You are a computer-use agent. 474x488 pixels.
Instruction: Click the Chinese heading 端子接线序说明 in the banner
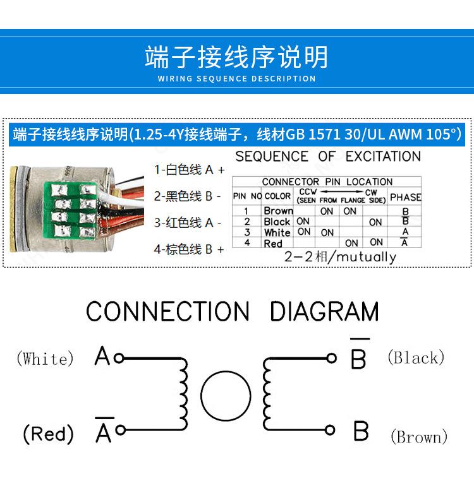coord(236,57)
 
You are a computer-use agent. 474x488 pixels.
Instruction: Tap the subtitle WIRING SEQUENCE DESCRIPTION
coord(236,79)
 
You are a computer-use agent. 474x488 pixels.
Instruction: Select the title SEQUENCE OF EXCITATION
coord(327,157)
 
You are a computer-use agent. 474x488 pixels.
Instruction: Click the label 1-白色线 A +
coord(189,169)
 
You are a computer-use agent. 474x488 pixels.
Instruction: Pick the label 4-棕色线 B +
coord(189,249)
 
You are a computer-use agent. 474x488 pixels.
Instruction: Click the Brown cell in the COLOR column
coord(278,211)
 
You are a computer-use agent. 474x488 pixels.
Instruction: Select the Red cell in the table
coord(273,243)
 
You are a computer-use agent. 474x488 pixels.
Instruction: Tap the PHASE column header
coord(405,197)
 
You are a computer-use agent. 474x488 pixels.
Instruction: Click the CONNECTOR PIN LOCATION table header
coord(327,182)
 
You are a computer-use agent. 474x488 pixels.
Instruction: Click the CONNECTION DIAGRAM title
coord(232,312)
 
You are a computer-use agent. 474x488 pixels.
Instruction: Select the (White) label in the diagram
coord(45,359)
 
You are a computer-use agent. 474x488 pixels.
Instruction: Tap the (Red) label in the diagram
coord(48,434)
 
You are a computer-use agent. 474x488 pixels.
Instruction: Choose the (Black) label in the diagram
coord(415,357)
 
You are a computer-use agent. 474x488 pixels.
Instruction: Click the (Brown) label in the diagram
coord(418,436)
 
